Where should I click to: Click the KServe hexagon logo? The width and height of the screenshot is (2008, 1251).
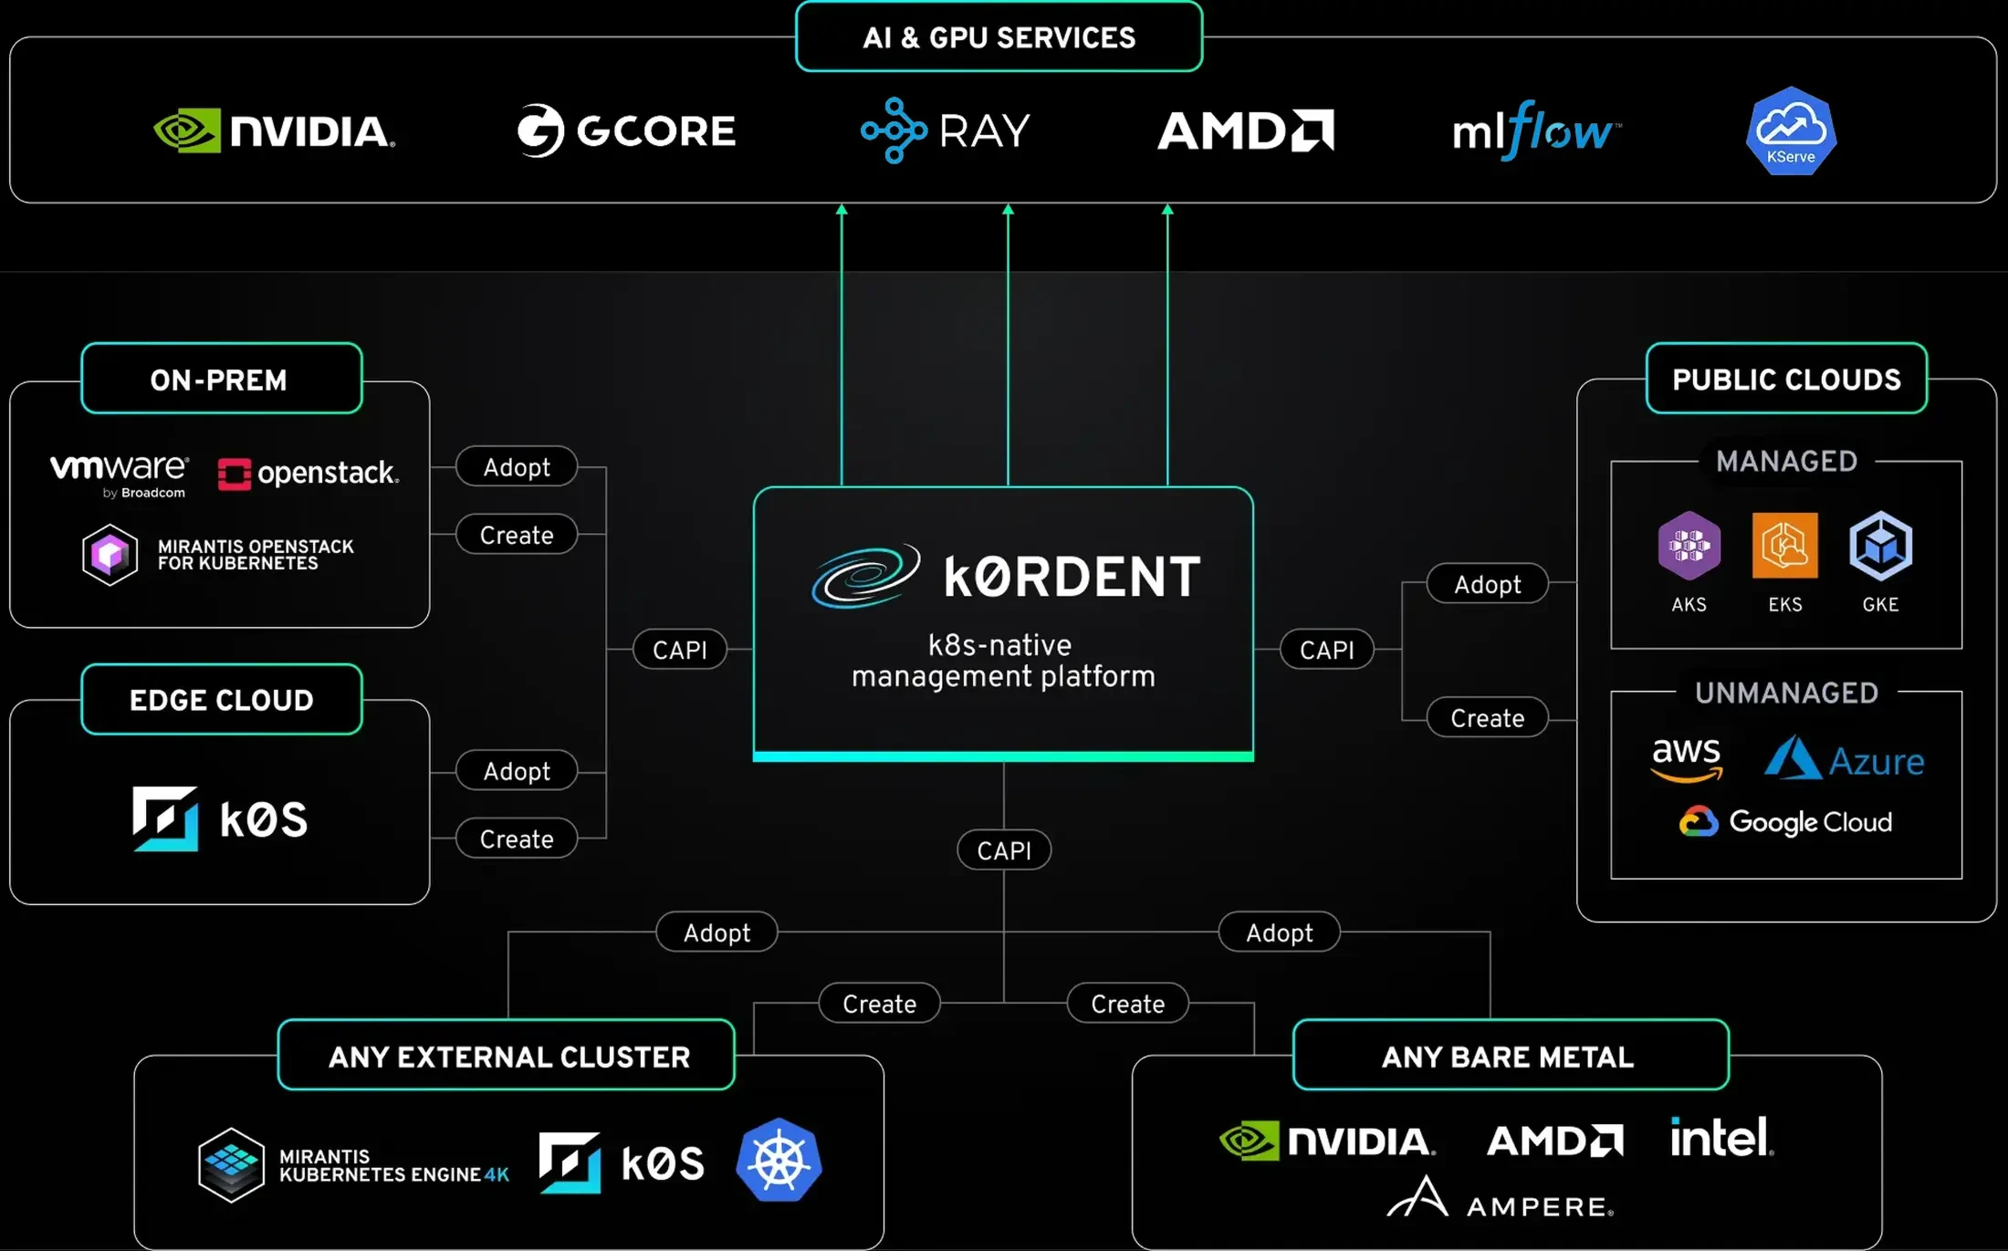[1791, 130]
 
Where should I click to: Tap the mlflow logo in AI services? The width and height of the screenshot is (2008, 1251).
[1536, 131]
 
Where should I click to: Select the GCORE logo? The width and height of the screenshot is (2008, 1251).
[626, 130]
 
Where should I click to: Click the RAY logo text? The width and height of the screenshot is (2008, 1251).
[984, 131]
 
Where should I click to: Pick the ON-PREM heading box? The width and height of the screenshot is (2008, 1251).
[221, 379]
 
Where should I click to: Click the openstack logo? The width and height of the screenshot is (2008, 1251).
[308, 473]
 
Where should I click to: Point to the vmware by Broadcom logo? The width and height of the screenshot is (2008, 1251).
[119, 474]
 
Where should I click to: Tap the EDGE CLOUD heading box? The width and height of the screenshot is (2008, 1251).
[221, 699]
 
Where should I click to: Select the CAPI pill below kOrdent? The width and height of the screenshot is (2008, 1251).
[1003, 850]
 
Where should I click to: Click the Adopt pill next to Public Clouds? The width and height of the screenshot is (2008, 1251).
[1487, 584]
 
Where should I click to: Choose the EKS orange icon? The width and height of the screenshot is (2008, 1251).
[1784, 546]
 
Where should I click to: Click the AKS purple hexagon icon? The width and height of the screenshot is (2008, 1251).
[1689, 546]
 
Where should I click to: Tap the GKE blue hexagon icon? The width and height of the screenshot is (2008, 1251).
[1880, 546]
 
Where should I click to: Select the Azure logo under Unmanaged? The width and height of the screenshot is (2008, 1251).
[1844, 759]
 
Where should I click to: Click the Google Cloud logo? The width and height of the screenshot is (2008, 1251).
[1786, 821]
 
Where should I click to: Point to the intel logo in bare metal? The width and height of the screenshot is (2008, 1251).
[1721, 1137]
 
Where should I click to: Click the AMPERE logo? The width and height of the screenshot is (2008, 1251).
[1501, 1198]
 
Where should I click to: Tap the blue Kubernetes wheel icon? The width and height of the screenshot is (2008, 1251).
[779, 1160]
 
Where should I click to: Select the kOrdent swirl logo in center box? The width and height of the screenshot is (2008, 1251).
[865, 576]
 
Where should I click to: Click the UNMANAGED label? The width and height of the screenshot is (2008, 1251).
[1786, 693]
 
